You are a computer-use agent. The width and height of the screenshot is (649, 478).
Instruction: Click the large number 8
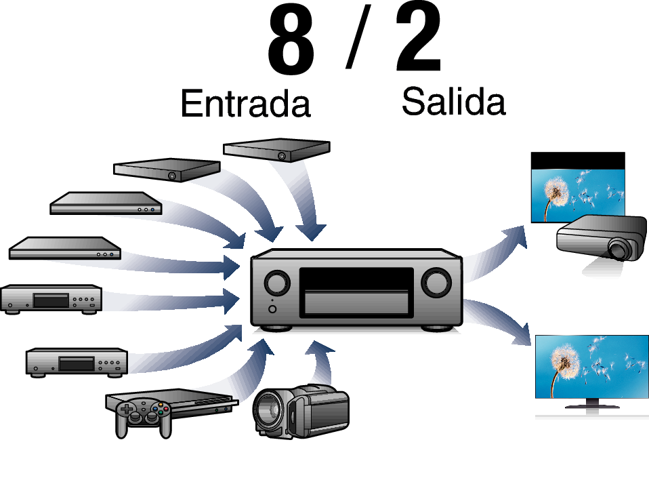tap(291, 41)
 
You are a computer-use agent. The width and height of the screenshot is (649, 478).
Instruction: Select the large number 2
tap(418, 38)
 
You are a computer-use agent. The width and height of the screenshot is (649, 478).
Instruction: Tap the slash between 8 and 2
tap(358, 37)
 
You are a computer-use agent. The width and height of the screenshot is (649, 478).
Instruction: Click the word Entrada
tap(245, 103)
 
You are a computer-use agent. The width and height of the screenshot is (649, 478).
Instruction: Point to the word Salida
tap(453, 101)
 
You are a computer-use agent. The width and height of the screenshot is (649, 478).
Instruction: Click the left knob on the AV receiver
tap(277, 283)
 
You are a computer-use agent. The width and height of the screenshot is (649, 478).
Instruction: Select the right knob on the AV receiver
tap(436, 283)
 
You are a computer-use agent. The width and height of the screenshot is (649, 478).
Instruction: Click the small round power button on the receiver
tap(272, 309)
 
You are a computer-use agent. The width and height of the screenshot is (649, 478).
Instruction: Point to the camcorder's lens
tap(269, 410)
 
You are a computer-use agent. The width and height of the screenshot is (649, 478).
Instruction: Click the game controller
tap(143, 417)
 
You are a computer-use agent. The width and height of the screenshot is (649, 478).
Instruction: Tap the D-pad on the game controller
tap(126, 410)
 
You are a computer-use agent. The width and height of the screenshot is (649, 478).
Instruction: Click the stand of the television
tap(592, 403)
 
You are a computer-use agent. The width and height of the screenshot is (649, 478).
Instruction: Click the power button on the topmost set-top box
tap(281, 156)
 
